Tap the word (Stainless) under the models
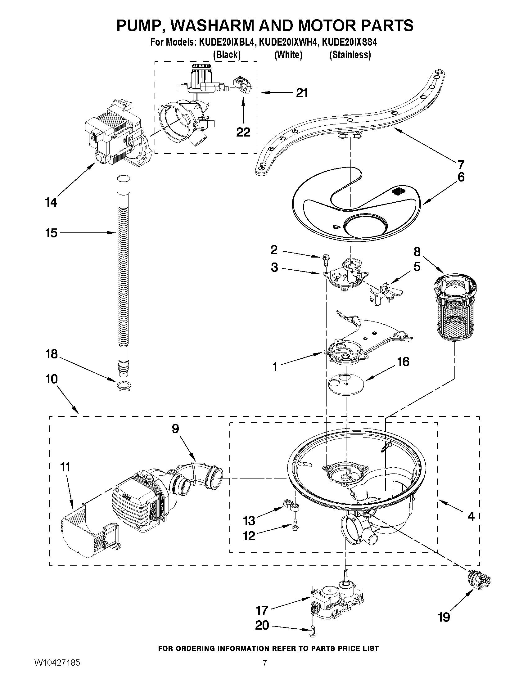[x=350, y=55]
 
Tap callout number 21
[x=301, y=93]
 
